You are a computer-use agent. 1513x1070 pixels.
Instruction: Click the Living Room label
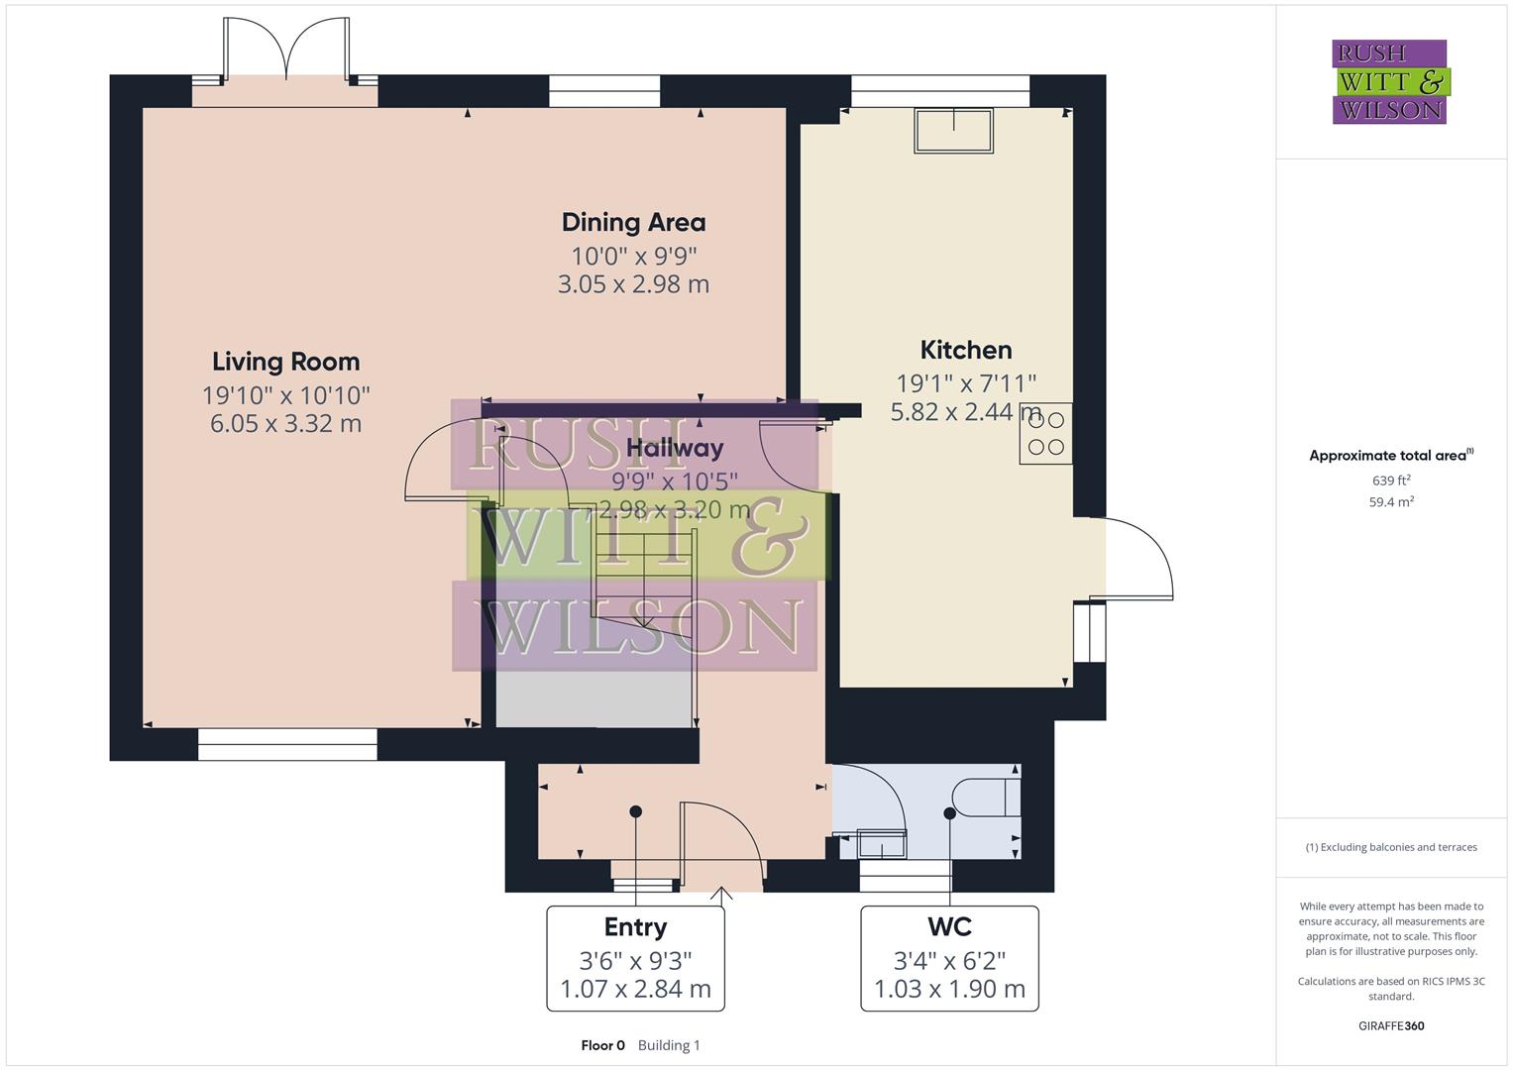coord(285,362)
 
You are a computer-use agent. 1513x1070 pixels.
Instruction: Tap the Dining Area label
coord(633,222)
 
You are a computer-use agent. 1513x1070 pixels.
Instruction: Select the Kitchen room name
coord(966,350)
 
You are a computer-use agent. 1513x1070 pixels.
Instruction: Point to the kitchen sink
coord(954,131)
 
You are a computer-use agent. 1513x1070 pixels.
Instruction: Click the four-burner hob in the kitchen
coord(1045,433)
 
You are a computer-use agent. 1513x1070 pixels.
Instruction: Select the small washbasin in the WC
coord(881,843)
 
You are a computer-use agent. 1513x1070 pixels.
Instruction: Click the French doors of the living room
coord(285,50)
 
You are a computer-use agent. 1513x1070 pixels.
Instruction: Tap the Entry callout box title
coord(635,927)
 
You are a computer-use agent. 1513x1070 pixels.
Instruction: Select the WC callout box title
coord(949,927)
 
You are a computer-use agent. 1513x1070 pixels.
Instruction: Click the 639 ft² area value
coord(1391,481)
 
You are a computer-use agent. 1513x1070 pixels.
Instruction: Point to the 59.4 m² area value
coord(1391,502)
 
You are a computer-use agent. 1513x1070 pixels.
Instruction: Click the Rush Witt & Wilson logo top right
coord(1389,82)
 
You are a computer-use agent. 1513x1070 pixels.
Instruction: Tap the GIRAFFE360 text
coord(1391,1025)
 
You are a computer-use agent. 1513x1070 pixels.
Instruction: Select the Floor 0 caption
coord(602,1045)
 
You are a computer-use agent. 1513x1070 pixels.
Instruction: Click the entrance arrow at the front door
coord(722,896)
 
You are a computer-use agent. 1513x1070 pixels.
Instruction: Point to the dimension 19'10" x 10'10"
coord(285,395)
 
